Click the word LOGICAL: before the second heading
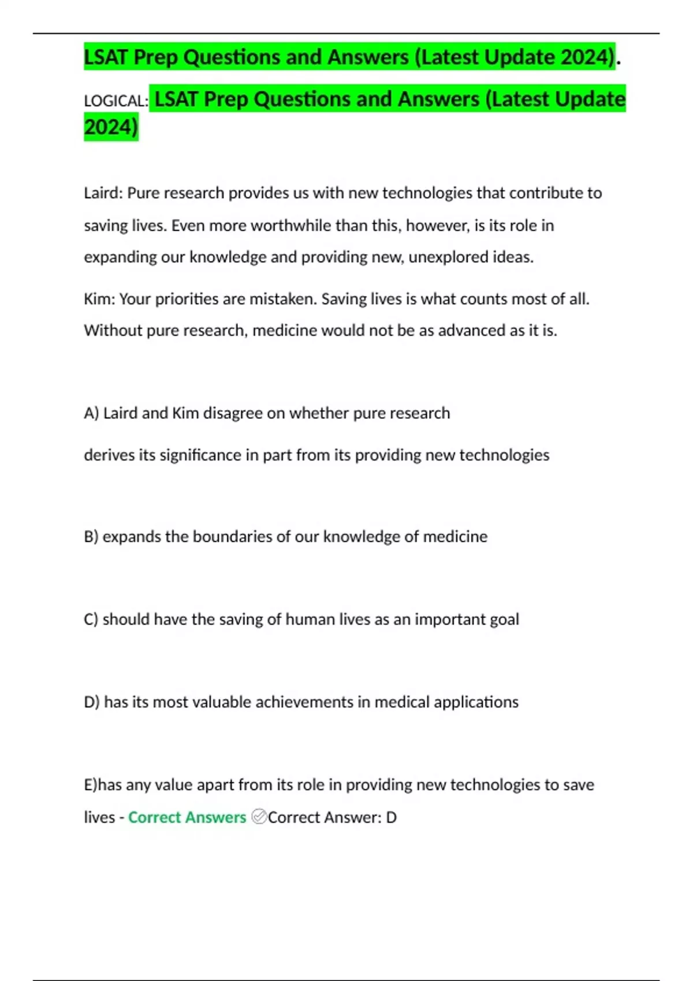pos(116,101)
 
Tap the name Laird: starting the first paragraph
pos(103,193)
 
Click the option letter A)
pos(91,413)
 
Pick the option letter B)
pos(91,537)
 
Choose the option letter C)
pos(91,619)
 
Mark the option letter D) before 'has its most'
pos(92,702)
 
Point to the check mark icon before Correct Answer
pos(259,817)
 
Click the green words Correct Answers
pos(187,818)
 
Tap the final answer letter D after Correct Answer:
pos(391,818)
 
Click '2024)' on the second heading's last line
pos(111,127)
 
